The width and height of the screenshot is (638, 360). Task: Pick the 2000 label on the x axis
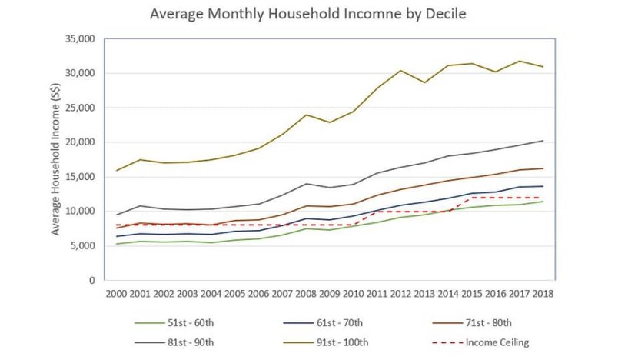click(116, 293)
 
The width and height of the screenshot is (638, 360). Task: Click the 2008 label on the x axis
click(307, 293)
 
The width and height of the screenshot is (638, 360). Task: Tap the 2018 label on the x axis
click(544, 293)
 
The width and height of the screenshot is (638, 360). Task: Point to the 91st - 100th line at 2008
click(307, 115)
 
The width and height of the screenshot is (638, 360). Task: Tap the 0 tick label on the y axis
click(90, 281)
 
